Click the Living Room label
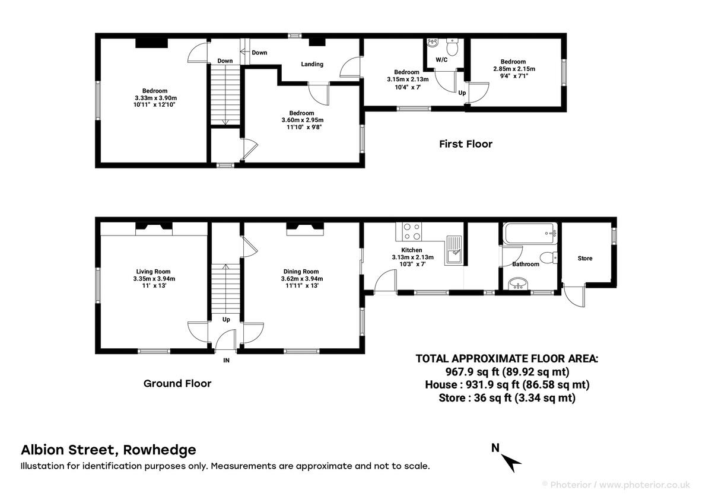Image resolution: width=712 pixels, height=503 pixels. coord(153,271)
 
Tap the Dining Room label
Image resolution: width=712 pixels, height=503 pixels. coord(302,271)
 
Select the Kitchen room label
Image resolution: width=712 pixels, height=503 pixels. coord(412,250)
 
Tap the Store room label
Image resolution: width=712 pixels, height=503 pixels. coord(585,258)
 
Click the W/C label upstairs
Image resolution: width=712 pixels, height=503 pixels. coord(441,60)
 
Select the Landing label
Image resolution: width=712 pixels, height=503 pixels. coord(312,64)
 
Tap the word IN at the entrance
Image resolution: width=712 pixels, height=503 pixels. coord(226,359)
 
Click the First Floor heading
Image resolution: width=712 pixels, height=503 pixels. coord(466,144)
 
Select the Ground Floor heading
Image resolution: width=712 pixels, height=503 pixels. coord(177,383)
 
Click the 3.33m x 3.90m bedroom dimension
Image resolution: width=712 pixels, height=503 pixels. coord(155,98)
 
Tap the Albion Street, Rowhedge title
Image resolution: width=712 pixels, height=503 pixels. coord(109,450)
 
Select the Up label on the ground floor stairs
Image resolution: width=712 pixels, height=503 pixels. coord(226,319)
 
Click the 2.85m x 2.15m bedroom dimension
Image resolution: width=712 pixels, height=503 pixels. coord(514,69)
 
